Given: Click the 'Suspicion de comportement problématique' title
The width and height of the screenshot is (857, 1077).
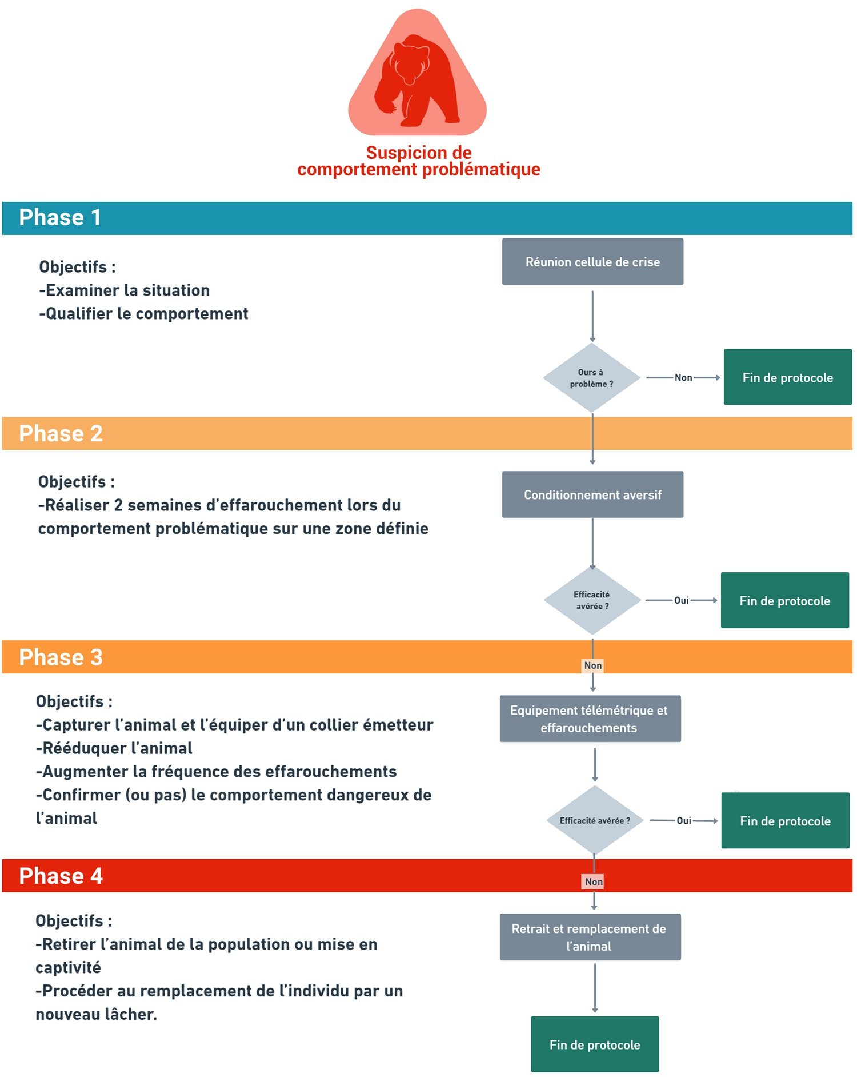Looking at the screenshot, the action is point(419,161).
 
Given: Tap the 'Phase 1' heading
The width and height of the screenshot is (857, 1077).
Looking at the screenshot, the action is point(60,218).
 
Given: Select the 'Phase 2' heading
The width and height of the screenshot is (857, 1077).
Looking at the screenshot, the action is point(61,434).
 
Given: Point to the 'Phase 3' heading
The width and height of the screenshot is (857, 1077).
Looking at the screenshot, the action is point(61,657).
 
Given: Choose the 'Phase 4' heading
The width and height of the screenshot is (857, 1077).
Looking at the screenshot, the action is point(61,876).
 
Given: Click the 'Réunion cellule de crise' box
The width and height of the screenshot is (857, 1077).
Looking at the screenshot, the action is point(592,262).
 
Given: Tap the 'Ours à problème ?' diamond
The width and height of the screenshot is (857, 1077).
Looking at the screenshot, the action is point(592,378).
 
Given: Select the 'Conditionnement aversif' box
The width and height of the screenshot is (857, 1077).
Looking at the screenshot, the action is point(592,494).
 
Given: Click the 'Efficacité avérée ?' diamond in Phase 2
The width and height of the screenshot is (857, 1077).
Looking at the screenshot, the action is point(592,600).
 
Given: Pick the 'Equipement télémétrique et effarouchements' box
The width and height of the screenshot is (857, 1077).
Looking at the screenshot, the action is point(590,719).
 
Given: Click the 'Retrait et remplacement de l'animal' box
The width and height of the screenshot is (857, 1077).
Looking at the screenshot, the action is point(590,937).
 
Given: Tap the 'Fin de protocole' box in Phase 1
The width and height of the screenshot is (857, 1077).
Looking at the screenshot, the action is point(788,377).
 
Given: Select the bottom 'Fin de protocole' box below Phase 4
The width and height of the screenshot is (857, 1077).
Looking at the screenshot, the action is point(595,1044).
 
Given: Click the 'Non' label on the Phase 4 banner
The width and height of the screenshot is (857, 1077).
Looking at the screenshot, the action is point(594,881).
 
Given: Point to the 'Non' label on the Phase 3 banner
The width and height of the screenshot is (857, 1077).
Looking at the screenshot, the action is point(593,665).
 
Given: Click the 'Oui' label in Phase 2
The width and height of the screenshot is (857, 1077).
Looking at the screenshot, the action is point(682,600).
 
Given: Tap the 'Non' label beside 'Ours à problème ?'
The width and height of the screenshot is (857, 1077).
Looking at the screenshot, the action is point(683,377).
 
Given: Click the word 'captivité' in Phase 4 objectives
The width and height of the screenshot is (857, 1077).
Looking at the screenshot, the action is point(69,968).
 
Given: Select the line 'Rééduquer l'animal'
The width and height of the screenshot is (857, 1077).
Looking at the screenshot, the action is point(114,748).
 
